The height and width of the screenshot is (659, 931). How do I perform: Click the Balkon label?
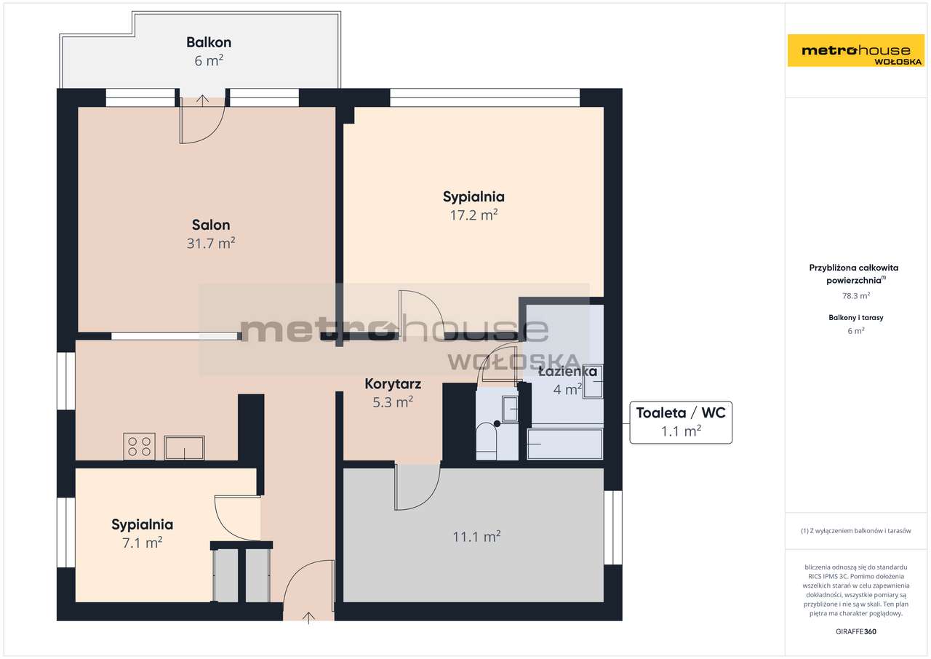pyautogui.click(x=208, y=42)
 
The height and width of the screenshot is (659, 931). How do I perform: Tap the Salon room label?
pyautogui.click(x=211, y=225)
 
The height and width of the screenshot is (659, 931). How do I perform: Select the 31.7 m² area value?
pyautogui.click(x=211, y=244)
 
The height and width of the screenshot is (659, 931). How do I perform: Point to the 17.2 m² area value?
pyautogui.click(x=474, y=215)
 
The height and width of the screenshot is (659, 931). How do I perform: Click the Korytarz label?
pyautogui.click(x=393, y=383)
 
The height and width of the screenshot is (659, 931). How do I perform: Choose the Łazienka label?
pyautogui.click(x=567, y=372)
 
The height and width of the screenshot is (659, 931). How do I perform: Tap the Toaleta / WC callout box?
pyautogui.click(x=680, y=422)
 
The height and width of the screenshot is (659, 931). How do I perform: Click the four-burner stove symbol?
pyautogui.click(x=139, y=446)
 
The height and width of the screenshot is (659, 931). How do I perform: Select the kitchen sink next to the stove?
pyautogui.click(x=184, y=447)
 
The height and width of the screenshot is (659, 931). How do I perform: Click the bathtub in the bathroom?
pyautogui.click(x=565, y=444)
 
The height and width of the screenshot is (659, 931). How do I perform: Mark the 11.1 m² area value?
pyautogui.click(x=476, y=537)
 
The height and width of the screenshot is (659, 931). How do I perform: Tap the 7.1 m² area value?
pyautogui.click(x=142, y=543)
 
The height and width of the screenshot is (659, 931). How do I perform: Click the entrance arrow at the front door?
pyautogui.click(x=308, y=618)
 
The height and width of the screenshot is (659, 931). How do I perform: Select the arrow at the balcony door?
pyautogui.click(x=202, y=100)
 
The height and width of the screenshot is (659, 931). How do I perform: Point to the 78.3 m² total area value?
pyautogui.click(x=856, y=296)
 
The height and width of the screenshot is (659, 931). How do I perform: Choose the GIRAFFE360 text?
pyautogui.click(x=856, y=631)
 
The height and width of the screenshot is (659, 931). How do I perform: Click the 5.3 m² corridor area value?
pyautogui.click(x=393, y=402)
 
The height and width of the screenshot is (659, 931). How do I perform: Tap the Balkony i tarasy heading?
pyautogui.click(x=855, y=318)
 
